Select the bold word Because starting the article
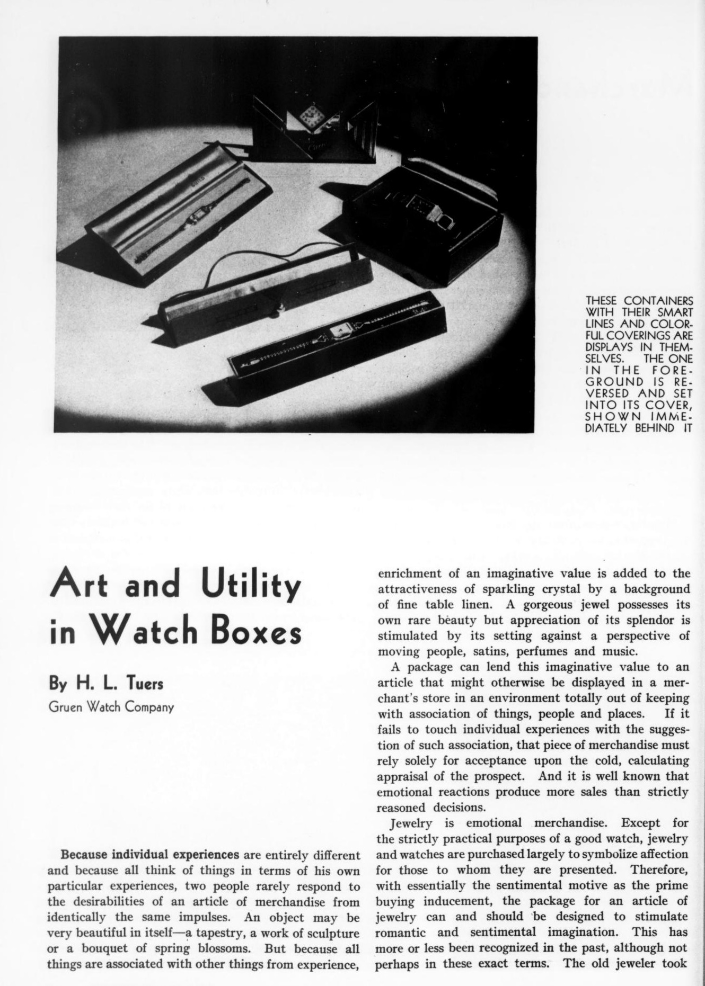(86, 855)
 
